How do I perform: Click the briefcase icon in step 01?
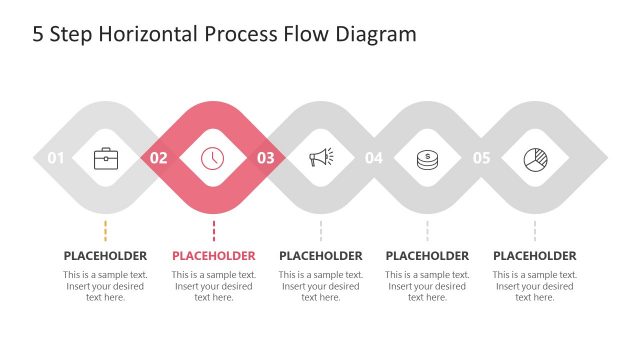point(106,157)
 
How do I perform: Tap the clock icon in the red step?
point(213,157)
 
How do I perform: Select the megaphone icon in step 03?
point(320,157)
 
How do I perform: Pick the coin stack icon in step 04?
point(427,157)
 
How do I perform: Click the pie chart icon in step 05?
point(535,157)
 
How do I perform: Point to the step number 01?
point(56,158)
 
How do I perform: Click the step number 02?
point(159,158)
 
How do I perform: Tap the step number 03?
point(266,158)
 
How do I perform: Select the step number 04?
point(374,158)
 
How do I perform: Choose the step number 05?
point(482,158)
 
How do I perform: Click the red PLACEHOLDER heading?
point(213,256)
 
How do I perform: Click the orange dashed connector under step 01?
point(106,230)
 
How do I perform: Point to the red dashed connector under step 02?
point(213,230)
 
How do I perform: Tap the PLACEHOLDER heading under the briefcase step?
point(106,256)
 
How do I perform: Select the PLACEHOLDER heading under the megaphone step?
point(320,256)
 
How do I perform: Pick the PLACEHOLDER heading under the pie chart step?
point(535,256)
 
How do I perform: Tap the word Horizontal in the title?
point(145,35)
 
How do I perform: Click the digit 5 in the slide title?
point(38,35)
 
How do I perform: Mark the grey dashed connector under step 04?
point(427,230)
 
